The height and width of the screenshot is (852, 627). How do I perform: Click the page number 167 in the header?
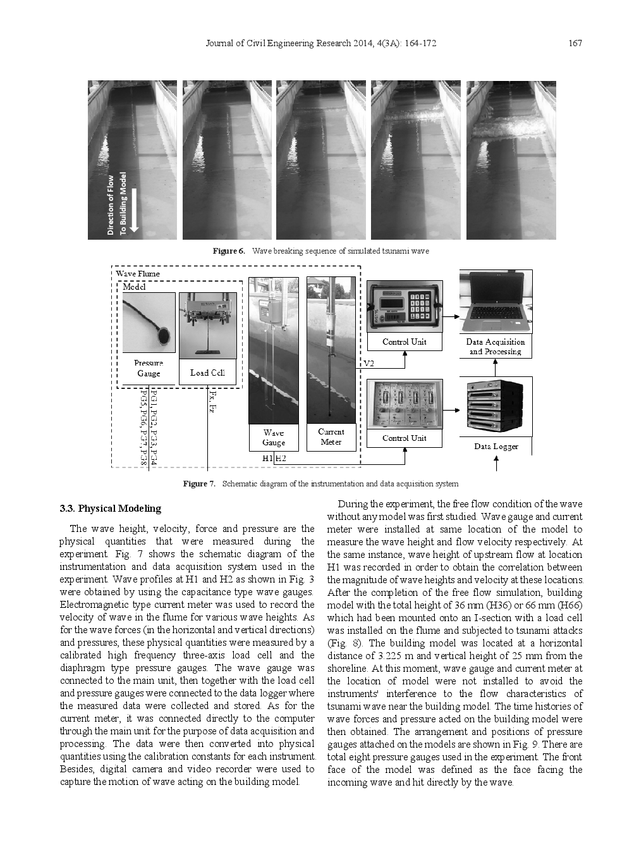575,43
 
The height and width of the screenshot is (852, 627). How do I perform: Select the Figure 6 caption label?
228,251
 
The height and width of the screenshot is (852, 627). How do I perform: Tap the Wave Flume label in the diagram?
138,273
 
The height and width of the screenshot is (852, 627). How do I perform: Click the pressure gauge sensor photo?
149,323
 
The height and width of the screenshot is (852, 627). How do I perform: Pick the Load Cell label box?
207,373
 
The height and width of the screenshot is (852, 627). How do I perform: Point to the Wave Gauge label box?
273,438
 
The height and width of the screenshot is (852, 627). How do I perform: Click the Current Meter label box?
331,437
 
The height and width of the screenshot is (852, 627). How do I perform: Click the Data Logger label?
496,447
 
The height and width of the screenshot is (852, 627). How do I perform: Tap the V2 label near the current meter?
368,364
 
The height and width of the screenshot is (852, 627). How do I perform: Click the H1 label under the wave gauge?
267,459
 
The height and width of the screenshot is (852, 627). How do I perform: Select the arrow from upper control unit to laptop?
451,316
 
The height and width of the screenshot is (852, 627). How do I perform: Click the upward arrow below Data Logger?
496,463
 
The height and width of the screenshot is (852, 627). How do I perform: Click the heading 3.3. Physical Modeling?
111,509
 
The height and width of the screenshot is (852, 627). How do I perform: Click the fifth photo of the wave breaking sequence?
511,160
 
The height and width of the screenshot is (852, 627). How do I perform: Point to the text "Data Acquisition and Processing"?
496,347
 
